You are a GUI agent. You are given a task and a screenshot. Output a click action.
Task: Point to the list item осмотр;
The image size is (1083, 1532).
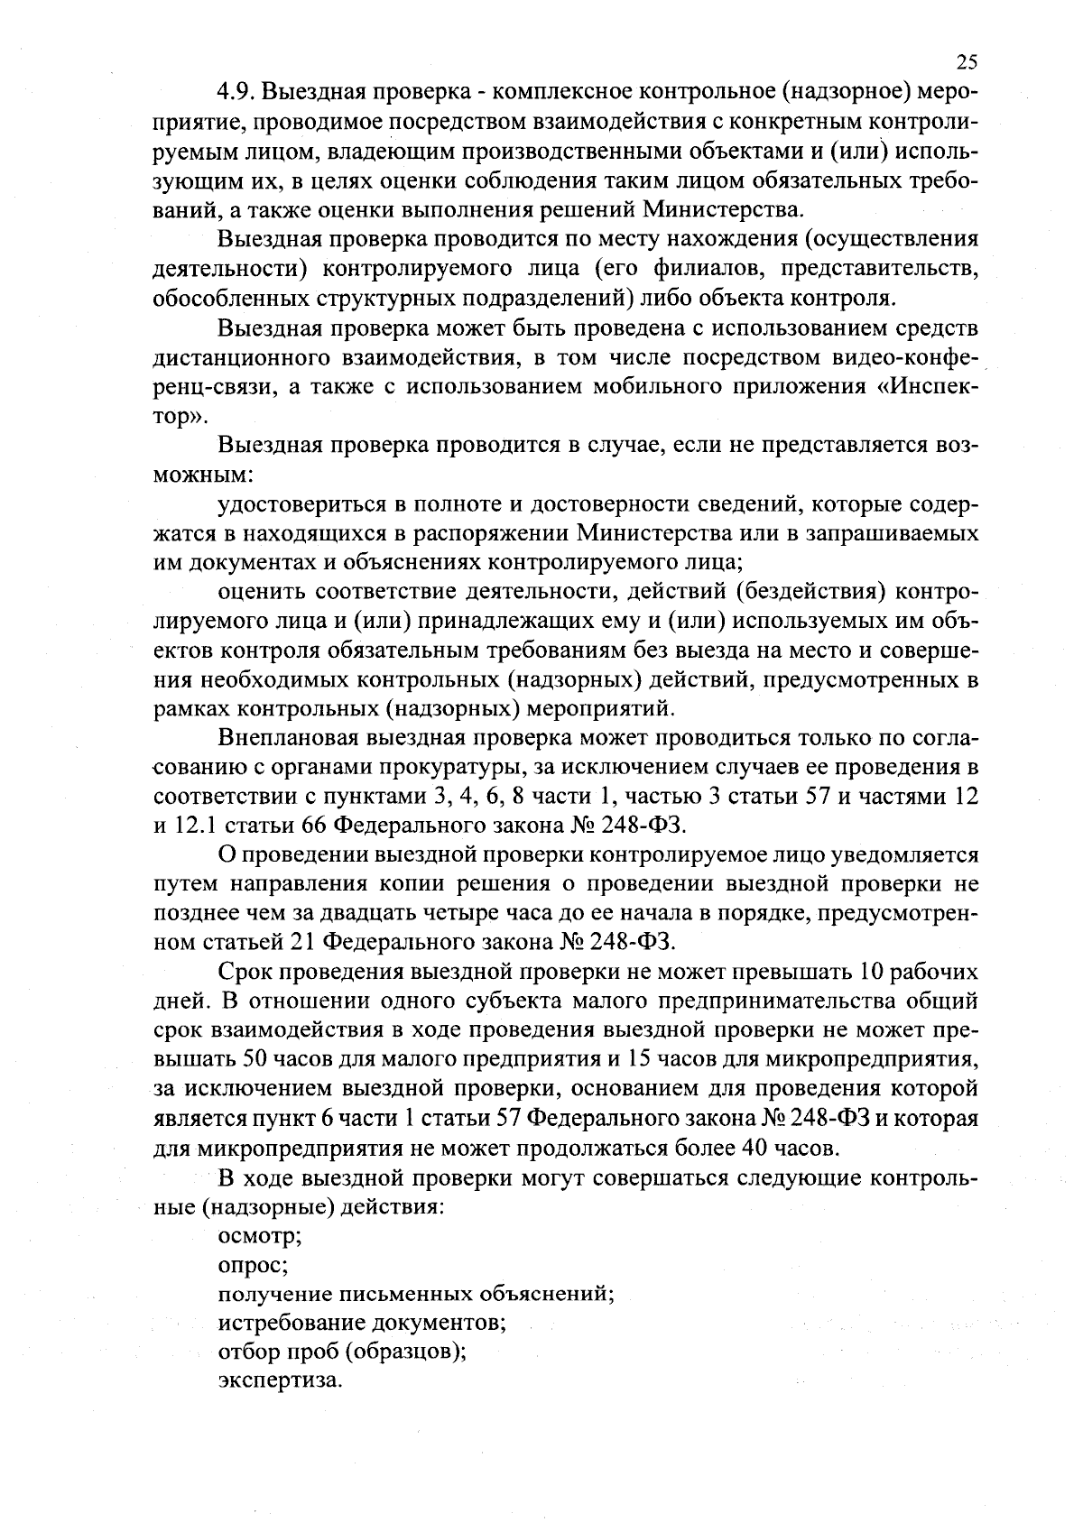coord(260,1236)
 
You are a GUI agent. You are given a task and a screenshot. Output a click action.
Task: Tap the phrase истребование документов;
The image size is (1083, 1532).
coord(361,1323)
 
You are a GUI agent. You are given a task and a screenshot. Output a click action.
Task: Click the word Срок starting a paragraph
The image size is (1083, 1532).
coord(246,972)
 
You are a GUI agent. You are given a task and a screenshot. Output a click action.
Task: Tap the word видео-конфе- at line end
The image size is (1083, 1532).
coord(901,358)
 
